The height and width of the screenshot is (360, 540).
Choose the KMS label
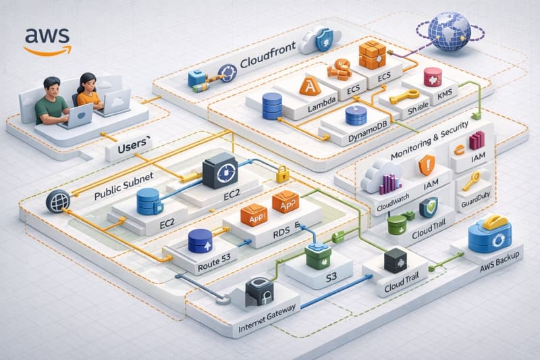447,96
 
